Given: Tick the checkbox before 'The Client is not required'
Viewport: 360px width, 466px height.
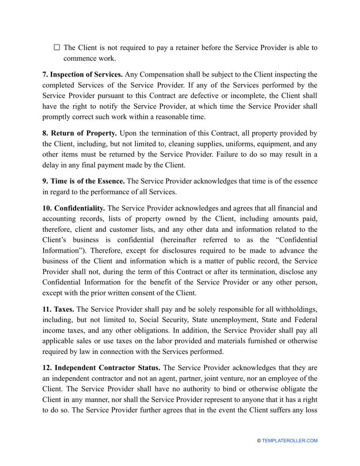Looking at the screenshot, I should point(57,47).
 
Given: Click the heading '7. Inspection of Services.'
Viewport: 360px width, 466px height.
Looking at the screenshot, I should point(82,75).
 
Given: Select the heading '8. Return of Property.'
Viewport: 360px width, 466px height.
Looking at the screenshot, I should point(80,133).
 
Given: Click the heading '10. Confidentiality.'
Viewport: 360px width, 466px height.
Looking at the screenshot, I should point(74,208).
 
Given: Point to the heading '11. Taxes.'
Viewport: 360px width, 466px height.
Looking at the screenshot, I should point(58,310).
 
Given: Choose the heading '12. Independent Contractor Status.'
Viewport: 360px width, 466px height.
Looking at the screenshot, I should point(101,368).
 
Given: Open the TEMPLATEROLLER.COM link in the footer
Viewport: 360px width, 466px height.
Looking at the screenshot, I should point(290,441).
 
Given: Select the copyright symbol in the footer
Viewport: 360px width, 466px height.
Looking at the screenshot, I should point(259,441).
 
